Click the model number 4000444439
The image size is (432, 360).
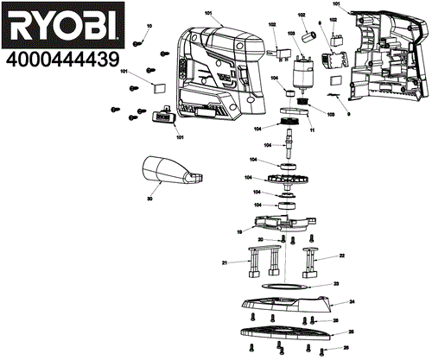(60, 60)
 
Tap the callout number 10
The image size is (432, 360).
(148, 28)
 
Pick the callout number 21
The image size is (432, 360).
(225, 262)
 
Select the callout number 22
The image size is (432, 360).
(342, 256)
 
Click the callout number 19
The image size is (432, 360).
(238, 231)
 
